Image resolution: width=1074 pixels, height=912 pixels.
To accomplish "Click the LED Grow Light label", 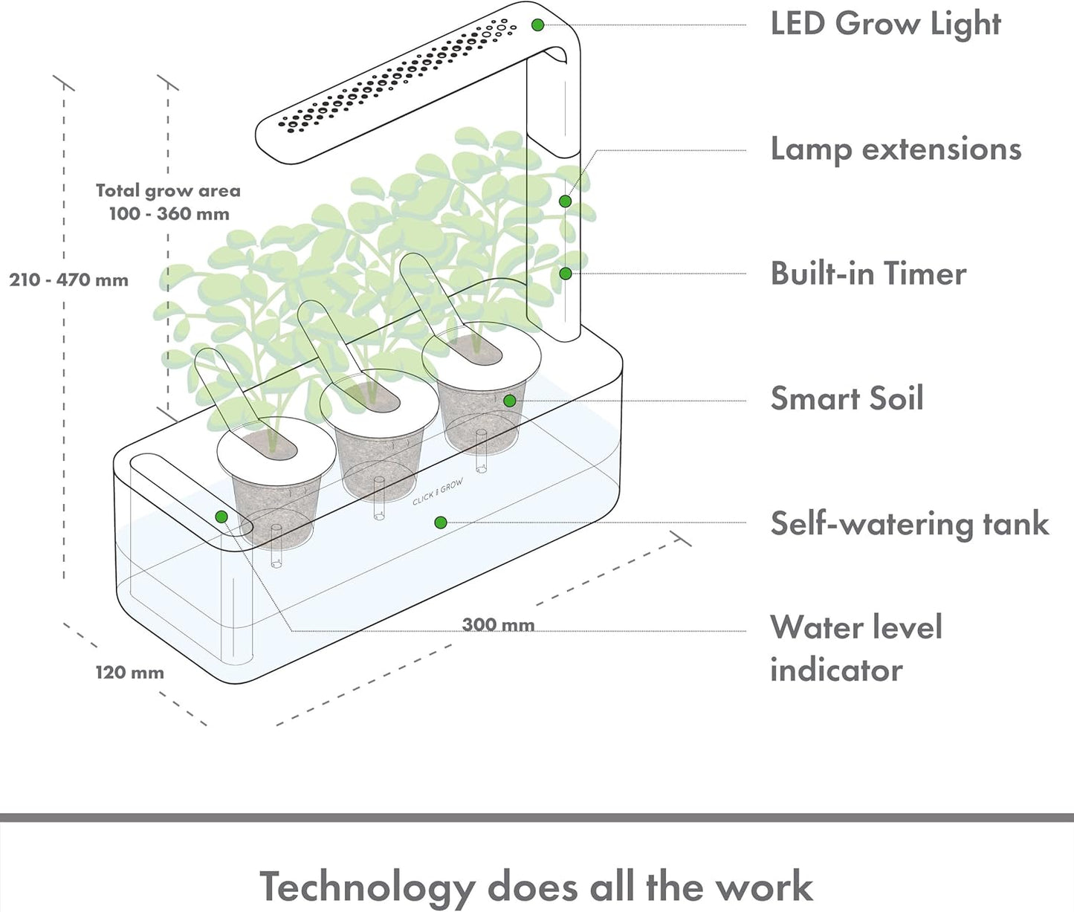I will click(x=885, y=24).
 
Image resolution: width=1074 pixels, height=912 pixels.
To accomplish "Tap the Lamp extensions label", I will click(x=896, y=149).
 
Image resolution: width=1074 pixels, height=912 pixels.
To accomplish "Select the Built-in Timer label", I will click(x=868, y=274).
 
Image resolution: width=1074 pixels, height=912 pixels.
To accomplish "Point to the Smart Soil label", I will click(x=847, y=398).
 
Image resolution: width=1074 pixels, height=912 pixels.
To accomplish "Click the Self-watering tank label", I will click(x=909, y=523).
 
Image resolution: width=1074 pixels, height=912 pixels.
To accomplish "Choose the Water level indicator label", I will click(x=855, y=647).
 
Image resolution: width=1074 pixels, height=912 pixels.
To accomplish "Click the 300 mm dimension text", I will click(x=498, y=624).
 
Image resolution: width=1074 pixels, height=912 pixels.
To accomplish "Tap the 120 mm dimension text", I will click(x=129, y=673).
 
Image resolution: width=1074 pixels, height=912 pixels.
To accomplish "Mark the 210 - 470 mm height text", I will click(x=68, y=280).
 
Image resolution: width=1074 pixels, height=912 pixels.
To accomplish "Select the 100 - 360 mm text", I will click(x=169, y=214).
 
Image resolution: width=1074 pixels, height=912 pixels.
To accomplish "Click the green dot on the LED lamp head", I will click(x=538, y=25).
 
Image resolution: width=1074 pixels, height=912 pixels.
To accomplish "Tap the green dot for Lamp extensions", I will click(x=566, y=201).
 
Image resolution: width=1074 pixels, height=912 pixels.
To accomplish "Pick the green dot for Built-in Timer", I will click(x=566, y=274).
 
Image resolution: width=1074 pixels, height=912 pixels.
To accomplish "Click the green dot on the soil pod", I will click(x=509, y=401).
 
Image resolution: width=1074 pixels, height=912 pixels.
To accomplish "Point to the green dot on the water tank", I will click(x=441, y=523).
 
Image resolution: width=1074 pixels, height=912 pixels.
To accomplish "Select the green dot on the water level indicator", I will click(x=221, y=517).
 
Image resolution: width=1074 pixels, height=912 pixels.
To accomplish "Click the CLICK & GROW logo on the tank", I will click(x=438, y=492).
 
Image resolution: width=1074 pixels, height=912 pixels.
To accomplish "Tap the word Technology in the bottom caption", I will click(x=366, y=887).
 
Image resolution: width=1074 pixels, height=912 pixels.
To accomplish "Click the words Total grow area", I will click(x=168, y=191).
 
